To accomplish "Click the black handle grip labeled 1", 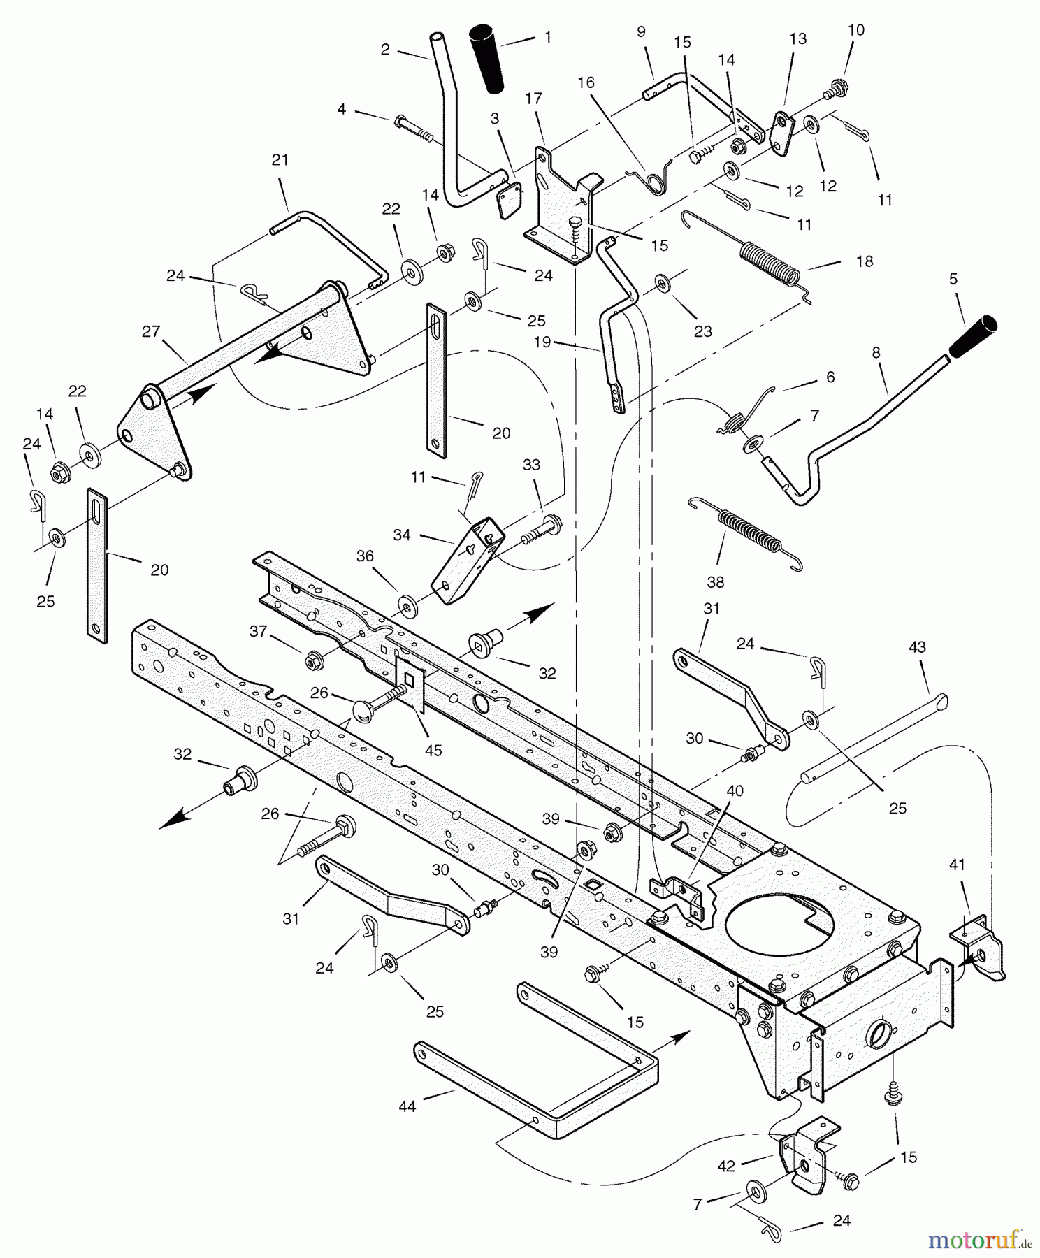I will point(486,59).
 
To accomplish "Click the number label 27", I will point(151,331).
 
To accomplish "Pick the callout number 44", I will point(407,1106).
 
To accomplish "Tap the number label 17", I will point(533,99).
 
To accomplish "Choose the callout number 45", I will point(433,750).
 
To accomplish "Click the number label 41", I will point(957,865).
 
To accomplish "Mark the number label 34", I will point(402,536).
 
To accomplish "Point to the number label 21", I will point(280,160).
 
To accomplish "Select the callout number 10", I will point(855,30).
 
